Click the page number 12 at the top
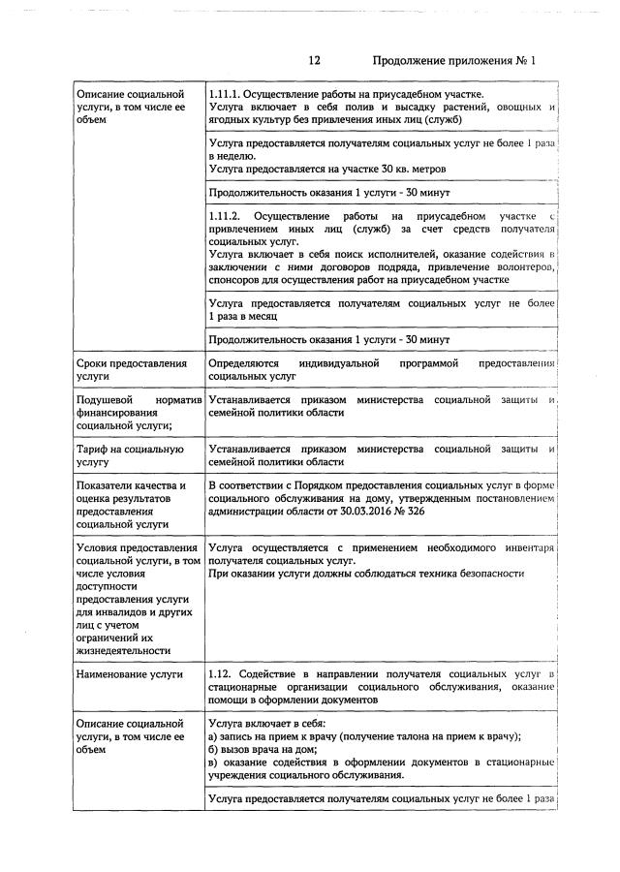coord(314,60)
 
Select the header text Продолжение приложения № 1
coord(453,60)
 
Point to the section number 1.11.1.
coord(227,94)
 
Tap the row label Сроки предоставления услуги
coord(130,370)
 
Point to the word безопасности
coord(481,574)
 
